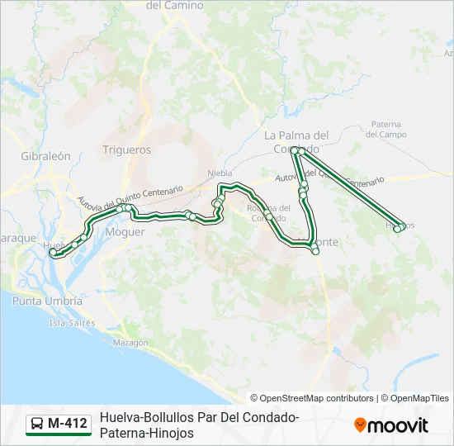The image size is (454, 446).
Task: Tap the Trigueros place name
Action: [127, 150]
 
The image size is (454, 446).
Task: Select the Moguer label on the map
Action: [125, 232]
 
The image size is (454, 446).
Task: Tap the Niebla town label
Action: [220, 173]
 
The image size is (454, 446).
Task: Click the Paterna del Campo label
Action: [387, 129]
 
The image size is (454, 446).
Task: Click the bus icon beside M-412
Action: [38, 424]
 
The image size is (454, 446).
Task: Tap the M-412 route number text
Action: [68, 424]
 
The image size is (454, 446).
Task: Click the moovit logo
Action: [391, 425]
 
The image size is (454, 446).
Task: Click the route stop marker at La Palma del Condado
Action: [296, 149]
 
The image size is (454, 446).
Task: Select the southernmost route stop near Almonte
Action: [315, 252]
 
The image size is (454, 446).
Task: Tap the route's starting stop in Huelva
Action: [53, 253]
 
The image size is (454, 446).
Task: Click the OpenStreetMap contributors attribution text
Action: [312, 398]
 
